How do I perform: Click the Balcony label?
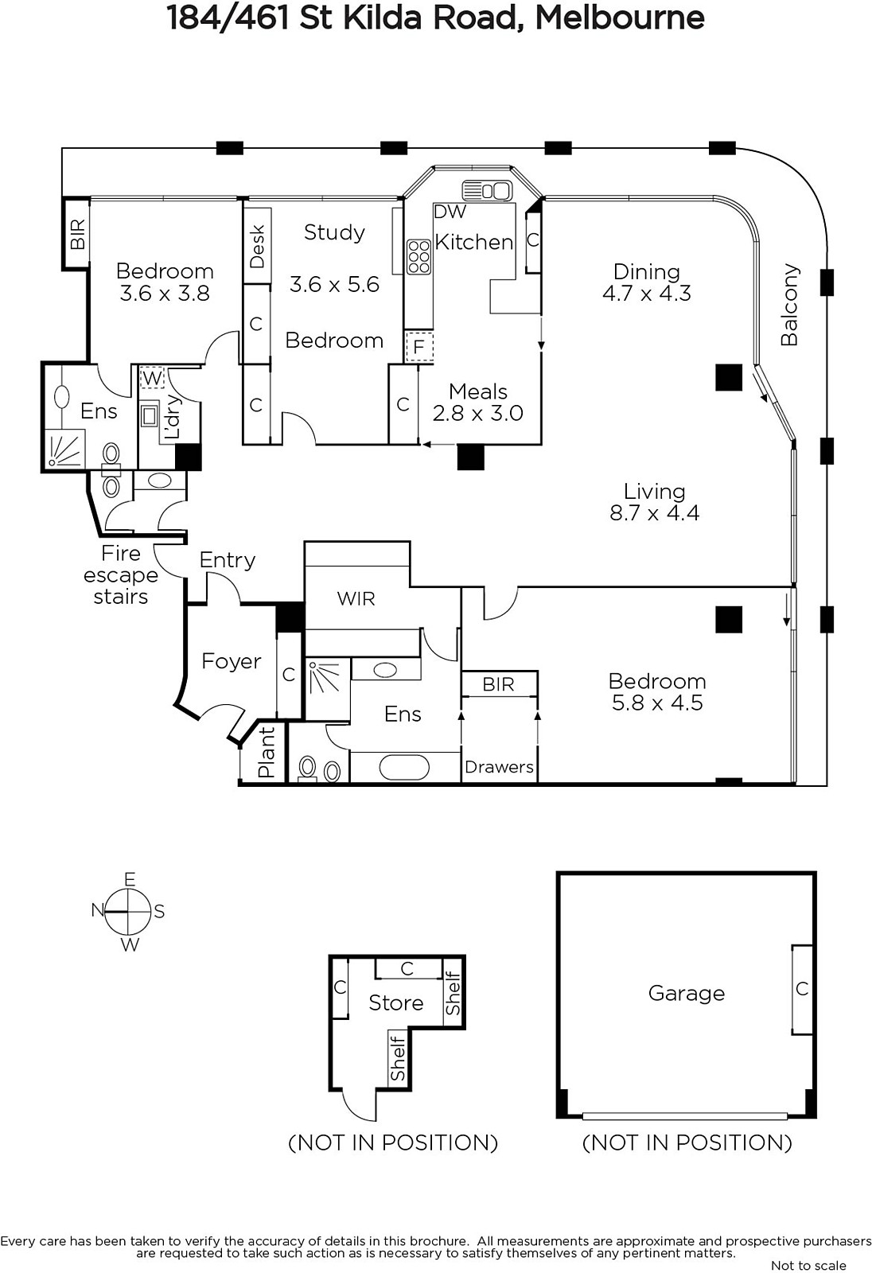[789, 305]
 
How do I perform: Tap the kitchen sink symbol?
[487, 191]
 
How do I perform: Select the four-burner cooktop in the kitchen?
[419, 257]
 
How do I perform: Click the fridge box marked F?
[419, 346]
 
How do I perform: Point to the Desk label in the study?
[257, 247]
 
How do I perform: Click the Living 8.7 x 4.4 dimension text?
[654, 512]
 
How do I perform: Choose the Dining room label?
[646, 271]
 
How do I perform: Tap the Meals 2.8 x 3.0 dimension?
[477, 413]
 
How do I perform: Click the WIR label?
[356, 598]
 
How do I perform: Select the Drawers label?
[499, 767]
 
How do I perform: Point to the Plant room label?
[266, 752]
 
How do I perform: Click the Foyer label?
[232, 661]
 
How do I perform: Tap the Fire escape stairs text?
[120, 575]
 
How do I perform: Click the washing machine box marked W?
[152, 377]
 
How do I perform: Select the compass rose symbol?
[128, 912]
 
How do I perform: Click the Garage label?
[686, 994]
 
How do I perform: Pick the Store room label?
[395, 1003]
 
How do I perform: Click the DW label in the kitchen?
[450, 212]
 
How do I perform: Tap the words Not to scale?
[808, 1266]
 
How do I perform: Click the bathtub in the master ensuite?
[404, 767]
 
